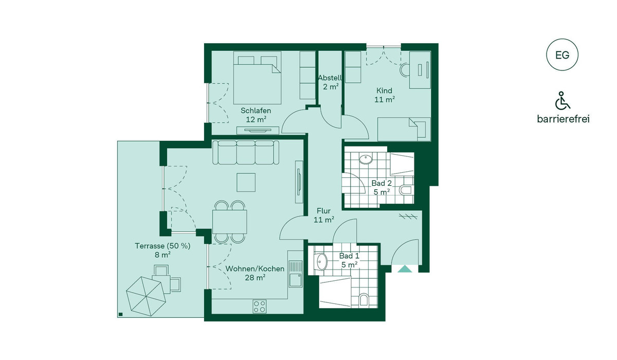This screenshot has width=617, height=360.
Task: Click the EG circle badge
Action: (562, 55)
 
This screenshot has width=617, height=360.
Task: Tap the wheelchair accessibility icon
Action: (562, 100)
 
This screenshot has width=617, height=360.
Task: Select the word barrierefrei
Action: (563, 119)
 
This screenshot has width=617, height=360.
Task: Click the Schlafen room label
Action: (256, 111)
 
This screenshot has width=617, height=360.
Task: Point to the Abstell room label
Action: (330, 78)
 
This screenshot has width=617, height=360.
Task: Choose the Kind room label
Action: (384, 91)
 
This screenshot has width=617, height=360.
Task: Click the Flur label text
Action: (323, 211)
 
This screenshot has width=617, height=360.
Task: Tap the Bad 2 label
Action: (382, 183)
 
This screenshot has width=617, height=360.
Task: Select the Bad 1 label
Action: (349, 256)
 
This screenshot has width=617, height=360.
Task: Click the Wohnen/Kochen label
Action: (255, 269)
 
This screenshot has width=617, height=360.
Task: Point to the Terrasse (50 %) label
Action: (162, 246)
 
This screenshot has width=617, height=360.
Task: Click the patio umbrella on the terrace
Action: (146, 296)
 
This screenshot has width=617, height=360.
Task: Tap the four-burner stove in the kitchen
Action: (260, 307)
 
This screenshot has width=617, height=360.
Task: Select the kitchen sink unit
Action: (296, 274)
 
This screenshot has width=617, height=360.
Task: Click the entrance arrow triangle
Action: (405, 269)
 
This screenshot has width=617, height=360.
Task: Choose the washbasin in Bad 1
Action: (321, 261)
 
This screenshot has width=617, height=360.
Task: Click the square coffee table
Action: (246, 183)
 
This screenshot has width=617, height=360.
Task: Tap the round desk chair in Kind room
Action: (405, 70)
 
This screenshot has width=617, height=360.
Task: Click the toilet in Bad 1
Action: (364, 300)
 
